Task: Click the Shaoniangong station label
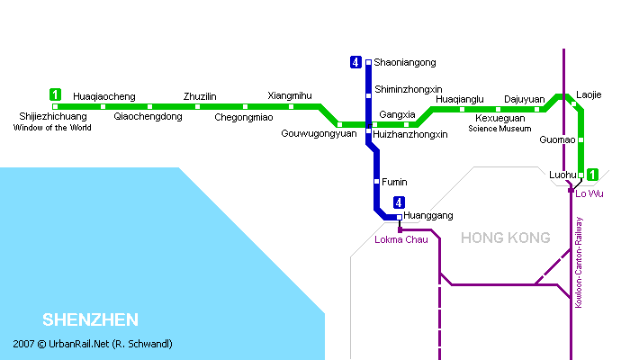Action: pyautogui.click(x=405, y=63)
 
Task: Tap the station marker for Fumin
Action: pyautogui.click(x=376, y=182)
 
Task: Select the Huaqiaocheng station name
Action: pyautogui.click(x=104, y=97)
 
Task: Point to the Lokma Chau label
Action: pyautogui.click(x=401, y=239)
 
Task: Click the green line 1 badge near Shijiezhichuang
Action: pyautogui.click(x=55, y=94)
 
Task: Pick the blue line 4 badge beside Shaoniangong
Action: pyautogui.click(x=355, y=62)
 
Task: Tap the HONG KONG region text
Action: pyautogui.click(x=506, y=238)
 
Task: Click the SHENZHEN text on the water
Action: pyautogui.click(x=90, y=319)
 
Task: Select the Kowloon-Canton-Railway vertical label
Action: pyautogui.click(x=579, y=263)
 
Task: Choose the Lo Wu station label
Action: pyautogui.click(x=589, y=193)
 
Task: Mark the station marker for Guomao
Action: pyautogui.click(x=580, y=139)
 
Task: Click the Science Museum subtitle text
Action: pyautogui.click(x=499, y=129)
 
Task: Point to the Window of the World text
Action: pyautogui.click(x=52, y=128)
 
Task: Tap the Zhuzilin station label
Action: pyautogui.click(x=200, y=96)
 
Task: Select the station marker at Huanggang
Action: pyautogui.click(x=399, y=218)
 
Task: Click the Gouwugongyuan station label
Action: pyautogui.click(x=319, y=134)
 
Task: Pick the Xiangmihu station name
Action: pyautogui.click(x=290, y=95)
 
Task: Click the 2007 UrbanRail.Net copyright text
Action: pyautogui.click(x=93, y=344)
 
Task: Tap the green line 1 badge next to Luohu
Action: pyautogui.click(x=592, y=175)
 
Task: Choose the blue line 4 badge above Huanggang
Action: pyautogui.click(x=399, y=202)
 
